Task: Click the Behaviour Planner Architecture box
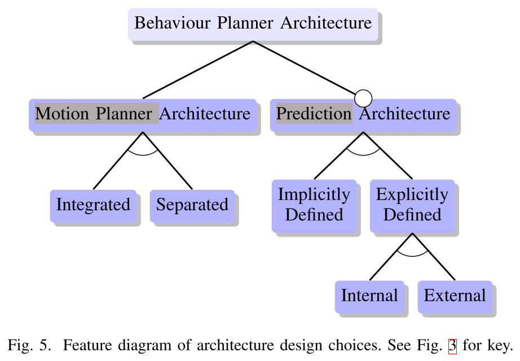[253, 24]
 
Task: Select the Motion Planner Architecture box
[143, 114]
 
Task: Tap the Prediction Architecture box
[363, 114]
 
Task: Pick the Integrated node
[93, 204]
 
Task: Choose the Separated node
[192, 204]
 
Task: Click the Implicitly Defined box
[314, 205]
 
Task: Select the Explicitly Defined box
[412, 205]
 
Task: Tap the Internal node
[369, 296]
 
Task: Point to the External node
[455, 296]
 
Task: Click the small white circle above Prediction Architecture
[363, 98]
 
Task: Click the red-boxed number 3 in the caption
[452, 345]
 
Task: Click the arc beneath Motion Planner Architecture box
[143, 153]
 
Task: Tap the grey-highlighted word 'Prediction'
[314, 114]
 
